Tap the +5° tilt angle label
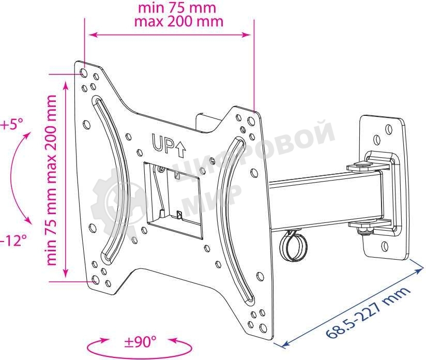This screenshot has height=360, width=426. [x=11, y=125]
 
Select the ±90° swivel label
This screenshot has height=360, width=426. [x=140, y=342]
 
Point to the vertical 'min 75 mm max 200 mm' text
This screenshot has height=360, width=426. [x=51, y=180]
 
